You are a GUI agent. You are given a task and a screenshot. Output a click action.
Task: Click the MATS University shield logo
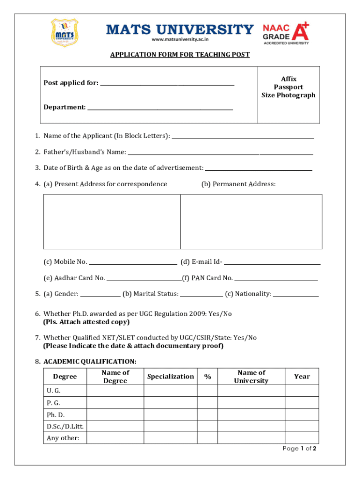64,32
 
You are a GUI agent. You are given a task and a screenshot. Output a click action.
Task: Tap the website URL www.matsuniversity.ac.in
180,40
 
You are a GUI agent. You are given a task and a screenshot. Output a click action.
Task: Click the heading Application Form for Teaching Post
180,55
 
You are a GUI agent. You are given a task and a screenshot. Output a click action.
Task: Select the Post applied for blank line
167,84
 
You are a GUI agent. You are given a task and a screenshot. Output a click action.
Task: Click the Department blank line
160,108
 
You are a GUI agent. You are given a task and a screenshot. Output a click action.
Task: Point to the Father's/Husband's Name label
85,152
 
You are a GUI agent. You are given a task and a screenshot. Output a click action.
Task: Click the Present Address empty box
112,222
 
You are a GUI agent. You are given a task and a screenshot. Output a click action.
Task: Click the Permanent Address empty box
251,222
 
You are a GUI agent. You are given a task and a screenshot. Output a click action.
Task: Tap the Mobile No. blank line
133,263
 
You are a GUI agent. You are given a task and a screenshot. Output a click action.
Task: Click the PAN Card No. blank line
276,279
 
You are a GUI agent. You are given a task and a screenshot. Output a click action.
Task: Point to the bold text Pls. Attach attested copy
86,322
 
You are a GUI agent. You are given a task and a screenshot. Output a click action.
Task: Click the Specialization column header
170,377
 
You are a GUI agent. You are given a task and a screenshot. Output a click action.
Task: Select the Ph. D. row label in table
56,415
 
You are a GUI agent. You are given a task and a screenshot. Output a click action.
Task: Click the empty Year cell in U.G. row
302,391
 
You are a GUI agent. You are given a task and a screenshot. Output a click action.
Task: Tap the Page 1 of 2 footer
300,449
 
